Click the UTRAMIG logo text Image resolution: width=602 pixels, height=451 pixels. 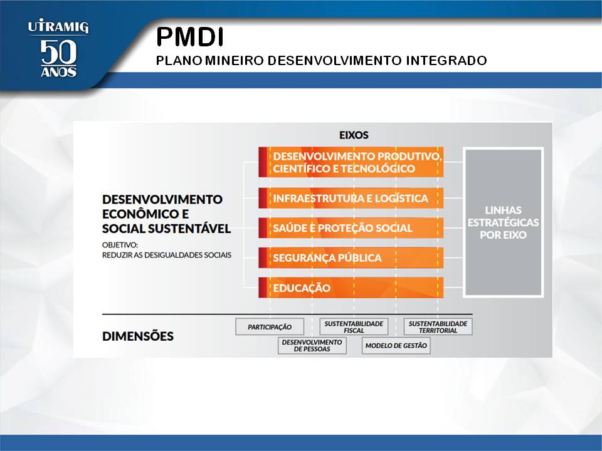(x=58, y=27)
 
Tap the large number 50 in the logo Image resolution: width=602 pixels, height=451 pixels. (x=58, y=52)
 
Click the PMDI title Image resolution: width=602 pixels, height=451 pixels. (x=189, y=37)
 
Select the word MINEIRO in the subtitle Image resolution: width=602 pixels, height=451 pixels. (x=234, y=60)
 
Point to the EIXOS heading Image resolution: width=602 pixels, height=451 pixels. (x=354, y=135)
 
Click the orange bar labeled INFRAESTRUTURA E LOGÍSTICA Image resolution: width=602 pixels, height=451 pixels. (x=351, y=198)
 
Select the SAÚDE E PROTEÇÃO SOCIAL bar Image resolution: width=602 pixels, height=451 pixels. (x=351, y=228)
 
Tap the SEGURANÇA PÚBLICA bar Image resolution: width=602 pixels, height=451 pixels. (x=351, y=257)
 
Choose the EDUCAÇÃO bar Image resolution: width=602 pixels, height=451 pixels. (x=351, y=288)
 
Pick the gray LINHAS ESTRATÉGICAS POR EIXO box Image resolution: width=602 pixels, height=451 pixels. (x=503, y=222)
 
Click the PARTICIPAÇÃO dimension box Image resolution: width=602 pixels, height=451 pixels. (x=270, y=327)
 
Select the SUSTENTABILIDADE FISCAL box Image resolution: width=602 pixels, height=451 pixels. (x=354, y=327)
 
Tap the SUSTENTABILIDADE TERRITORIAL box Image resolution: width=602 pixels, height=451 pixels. (x=438, y=327)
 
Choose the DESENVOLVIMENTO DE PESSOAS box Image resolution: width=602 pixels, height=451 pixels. (x=312, y=345)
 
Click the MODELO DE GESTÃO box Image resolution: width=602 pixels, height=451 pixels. (x=396, y=345)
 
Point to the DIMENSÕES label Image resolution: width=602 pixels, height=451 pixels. (x=138, y=336)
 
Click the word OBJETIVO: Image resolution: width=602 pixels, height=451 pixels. (x=120, y=245)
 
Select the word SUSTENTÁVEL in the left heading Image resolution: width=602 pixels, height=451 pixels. (x=189, y=229)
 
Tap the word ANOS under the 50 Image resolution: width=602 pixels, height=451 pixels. (x=58, y=71)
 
